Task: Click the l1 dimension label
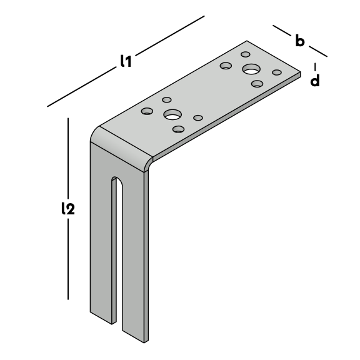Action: (126, 61)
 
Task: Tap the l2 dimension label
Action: (68, 208)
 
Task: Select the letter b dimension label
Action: (300, 41)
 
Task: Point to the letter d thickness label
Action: (315, 81)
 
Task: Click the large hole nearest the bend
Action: (172, 114)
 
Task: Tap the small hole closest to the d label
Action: (277, 72)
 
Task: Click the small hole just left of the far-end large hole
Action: (226, 66)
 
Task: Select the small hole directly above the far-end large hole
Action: (246, 54)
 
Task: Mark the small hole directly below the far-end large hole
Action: (257, 84)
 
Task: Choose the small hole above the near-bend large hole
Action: (167, 100)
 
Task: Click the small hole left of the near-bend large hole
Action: (147, 111)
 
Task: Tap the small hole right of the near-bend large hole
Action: (198, 118)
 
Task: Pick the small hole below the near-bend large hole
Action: (178, 129)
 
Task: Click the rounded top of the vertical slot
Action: (117, 179)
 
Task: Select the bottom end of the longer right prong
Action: (135, 337)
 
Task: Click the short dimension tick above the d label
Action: (315, 67)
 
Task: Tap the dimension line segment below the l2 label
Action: (68, 259)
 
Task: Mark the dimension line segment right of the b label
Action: (318, 51)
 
